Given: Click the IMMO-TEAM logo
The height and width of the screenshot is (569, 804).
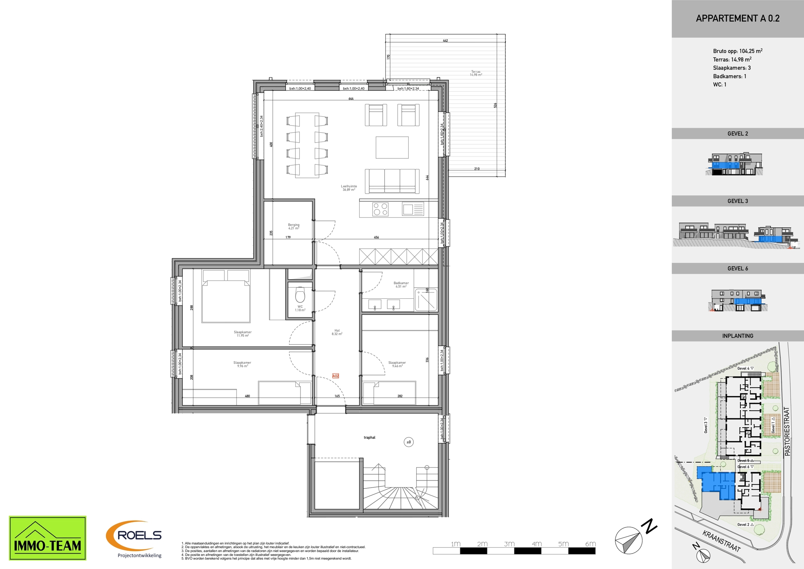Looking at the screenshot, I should pyautogui.click(x=47, y=538).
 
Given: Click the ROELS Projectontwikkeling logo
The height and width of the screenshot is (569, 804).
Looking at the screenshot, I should pyautogui.click(x=134, y=539).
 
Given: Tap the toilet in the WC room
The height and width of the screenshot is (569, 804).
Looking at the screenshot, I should pyautogui.click(x=300, y=295).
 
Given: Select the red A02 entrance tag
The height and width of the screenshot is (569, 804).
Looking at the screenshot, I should pyautogui.click(x=335, y=376).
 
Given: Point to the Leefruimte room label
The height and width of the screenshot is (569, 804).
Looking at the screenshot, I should pyautogui.click(x=349, y=188).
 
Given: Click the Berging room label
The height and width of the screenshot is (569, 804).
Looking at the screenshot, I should pyautogui.click(x=293, y=226).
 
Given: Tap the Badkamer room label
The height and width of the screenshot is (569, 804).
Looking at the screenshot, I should pyautogui.click(x=401, y=284).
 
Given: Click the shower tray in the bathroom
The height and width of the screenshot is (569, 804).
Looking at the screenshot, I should pyautogui.click(x=426, y=300).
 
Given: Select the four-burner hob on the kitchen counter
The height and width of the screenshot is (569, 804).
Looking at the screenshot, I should pyautogui.click(x=380, y=209).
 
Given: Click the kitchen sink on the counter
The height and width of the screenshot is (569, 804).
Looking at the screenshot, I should pyautogui.click(x=413, y=209).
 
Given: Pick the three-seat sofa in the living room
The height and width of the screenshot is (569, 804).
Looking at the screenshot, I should pyautogui.click(x=392, y=181).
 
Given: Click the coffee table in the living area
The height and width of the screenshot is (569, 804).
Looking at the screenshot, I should pyautogui.click(x=392, y=147).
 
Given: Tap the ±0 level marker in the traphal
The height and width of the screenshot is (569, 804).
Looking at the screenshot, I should pyautogui.click(x=409, y=442).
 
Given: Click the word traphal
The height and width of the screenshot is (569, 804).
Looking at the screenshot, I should pyautogui.click(x=369, y=437).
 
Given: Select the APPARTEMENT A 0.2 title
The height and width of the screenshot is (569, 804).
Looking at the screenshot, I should pyautogui.click(x=737, y=19).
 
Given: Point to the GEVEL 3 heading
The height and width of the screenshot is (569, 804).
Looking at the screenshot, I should pyautogui.click(x=737, y=201).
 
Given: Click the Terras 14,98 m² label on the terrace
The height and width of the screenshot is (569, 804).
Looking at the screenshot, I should pyautogui.click(x=476, y=73).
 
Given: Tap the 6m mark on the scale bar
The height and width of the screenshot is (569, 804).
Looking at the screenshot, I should pyautogui.click(x=590, y=544).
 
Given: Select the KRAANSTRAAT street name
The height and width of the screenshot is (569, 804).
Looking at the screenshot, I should pyautogui.click(x=721, y=541).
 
